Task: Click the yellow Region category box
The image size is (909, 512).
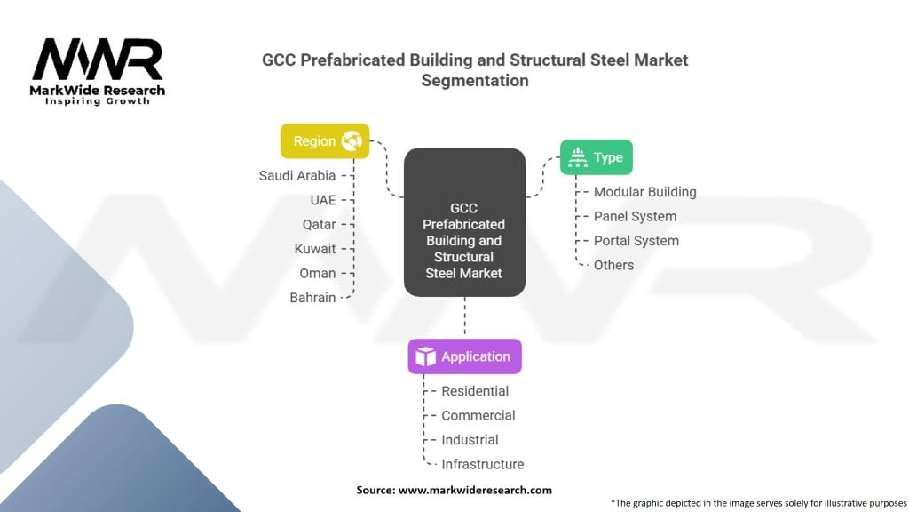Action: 325,140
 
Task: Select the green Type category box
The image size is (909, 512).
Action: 597,157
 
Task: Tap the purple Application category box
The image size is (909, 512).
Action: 464,356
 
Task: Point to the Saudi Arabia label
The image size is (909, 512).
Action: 296,175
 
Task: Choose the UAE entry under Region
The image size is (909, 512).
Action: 323,200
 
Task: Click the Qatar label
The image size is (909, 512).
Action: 319,224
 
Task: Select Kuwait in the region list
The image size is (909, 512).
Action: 315,249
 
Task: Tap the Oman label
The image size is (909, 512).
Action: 318,273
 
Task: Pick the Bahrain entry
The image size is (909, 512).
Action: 312,298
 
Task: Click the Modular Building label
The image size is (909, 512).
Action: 644,192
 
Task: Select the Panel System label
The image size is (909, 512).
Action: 635,216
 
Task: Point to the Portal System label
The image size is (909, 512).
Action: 636,241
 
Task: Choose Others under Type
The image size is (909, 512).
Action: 613,265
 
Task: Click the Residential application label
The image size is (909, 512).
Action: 475,391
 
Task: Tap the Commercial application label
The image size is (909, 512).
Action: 478,415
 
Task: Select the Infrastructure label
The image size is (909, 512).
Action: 482,464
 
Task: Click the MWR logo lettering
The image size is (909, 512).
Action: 98,60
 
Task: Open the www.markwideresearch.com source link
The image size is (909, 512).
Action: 475,490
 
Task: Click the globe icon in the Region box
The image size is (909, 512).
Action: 352,140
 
